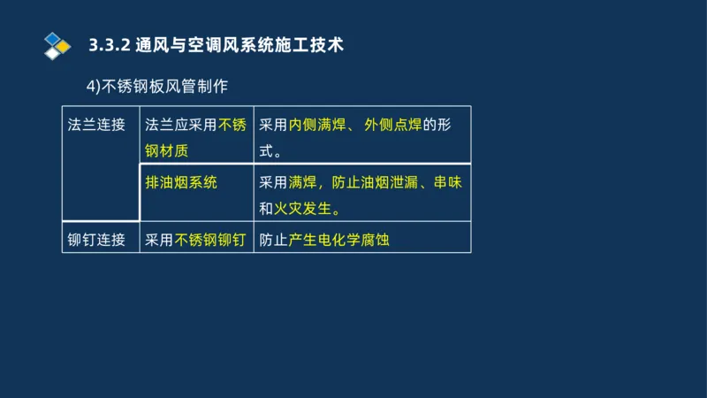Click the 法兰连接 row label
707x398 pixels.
[96, 126]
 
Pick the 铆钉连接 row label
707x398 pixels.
[96, 240]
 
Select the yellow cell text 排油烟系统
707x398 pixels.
[181, 182]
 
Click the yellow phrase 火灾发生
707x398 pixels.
[306, 209]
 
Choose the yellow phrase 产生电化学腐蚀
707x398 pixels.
[338, 240]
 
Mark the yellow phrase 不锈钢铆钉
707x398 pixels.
[209, 240]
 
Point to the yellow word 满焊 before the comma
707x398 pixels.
[302, 183]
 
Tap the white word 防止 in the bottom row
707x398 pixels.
[274, 240]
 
